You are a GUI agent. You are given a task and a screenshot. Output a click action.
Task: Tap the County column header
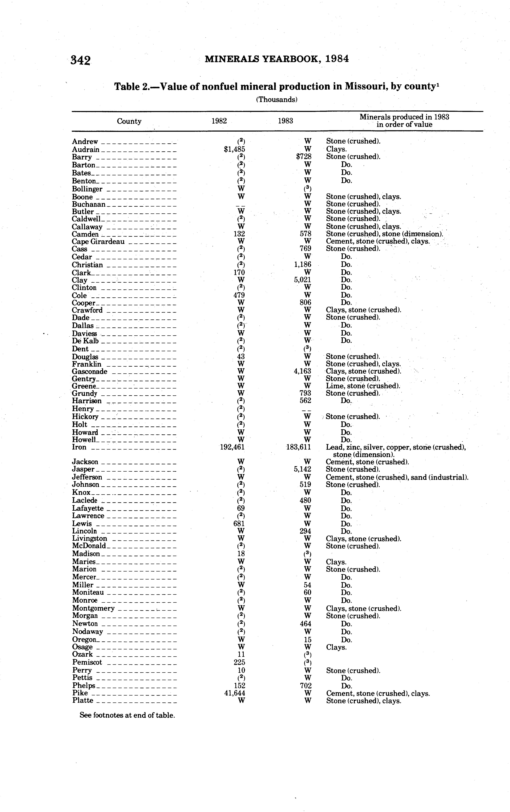pyautogui.click(x=129, y=121)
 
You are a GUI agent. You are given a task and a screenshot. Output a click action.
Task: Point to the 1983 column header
pyautogui.click(x=285, y=121)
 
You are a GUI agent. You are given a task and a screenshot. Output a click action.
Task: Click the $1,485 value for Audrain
pyautogui.click(x=234, y=149)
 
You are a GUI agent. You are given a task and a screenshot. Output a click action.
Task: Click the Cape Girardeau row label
pyautogui.click(x=98, y=241)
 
